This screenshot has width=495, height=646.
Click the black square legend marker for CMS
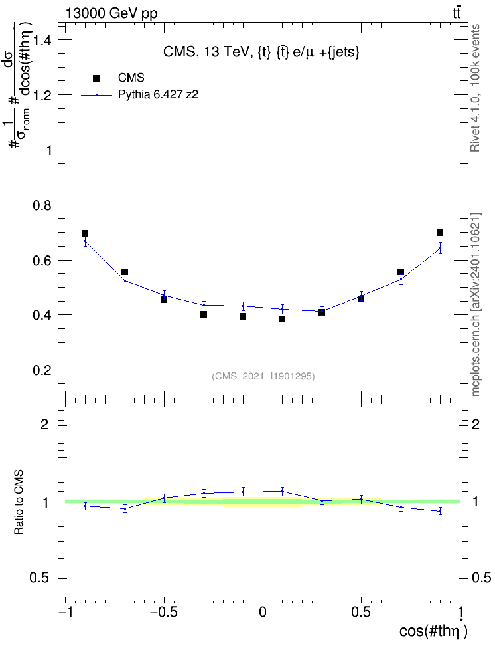point(96,78)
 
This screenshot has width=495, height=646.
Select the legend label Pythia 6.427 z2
point(158,95)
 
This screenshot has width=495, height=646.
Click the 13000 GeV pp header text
point(111,13)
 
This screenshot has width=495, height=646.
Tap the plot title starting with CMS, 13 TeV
point(261,52)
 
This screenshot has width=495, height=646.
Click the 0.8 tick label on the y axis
point(42,205)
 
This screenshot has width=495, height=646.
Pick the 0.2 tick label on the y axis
point(42,370)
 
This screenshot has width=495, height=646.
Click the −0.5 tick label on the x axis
point(163,612)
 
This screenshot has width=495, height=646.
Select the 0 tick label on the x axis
point(263,612)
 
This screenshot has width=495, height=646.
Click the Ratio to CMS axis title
point(19,502)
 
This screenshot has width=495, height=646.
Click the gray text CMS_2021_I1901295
point(263,376)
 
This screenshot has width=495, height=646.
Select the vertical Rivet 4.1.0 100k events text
point(475,88)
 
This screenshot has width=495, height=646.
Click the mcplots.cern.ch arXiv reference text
point(475,304)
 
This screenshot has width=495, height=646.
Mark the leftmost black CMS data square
point(85,233)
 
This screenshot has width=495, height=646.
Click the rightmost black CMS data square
point(440,233)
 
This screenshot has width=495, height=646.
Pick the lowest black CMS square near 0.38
point(282,319)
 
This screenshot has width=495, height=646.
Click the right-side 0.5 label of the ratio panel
point(481,578)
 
